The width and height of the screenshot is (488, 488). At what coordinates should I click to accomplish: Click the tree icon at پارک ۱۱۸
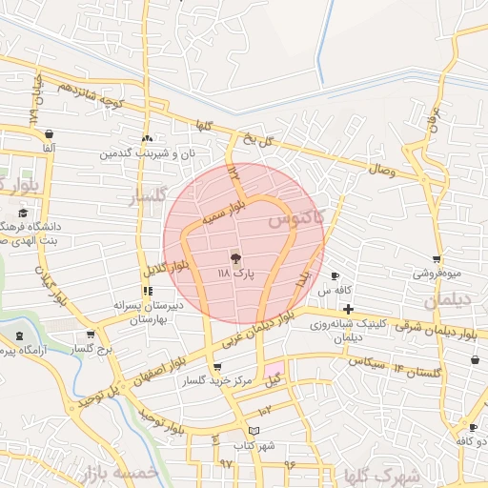coord(234,257)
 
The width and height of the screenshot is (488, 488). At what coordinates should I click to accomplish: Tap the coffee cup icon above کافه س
coord(335,275)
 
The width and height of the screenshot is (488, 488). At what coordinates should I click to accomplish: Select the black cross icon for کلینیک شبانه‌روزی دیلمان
coord(348,309)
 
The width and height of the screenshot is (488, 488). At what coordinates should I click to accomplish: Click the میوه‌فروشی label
coord(437,273)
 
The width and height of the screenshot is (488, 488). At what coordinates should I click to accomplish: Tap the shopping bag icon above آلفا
coord(49,134)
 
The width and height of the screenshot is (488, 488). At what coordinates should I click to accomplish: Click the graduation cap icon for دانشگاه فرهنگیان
coord(23,213)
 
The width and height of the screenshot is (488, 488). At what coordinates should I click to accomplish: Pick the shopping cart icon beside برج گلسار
coord(91,335)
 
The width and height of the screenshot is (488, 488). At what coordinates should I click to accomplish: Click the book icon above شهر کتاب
coord(254,431)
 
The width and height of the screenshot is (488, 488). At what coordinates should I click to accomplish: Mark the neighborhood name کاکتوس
coord(295,218)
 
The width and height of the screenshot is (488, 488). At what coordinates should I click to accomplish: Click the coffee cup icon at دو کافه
coord(473,427)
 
